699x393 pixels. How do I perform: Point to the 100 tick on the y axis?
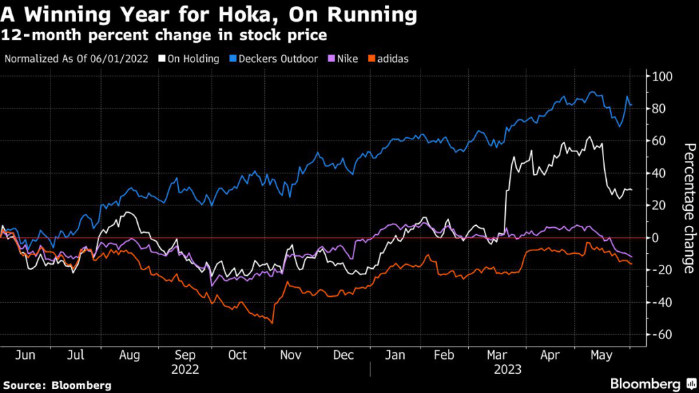(x=663, y=76)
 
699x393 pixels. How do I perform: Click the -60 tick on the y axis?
(x=663, y=334)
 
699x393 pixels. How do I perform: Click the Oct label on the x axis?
(x=237, y=355)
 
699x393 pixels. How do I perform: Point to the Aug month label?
(x=129, y=355)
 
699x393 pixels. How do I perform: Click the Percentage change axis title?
(x=689, y=205)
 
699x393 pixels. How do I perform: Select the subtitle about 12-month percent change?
(x=164, y=34)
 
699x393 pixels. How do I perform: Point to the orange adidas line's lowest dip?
(x=272, y=323)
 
